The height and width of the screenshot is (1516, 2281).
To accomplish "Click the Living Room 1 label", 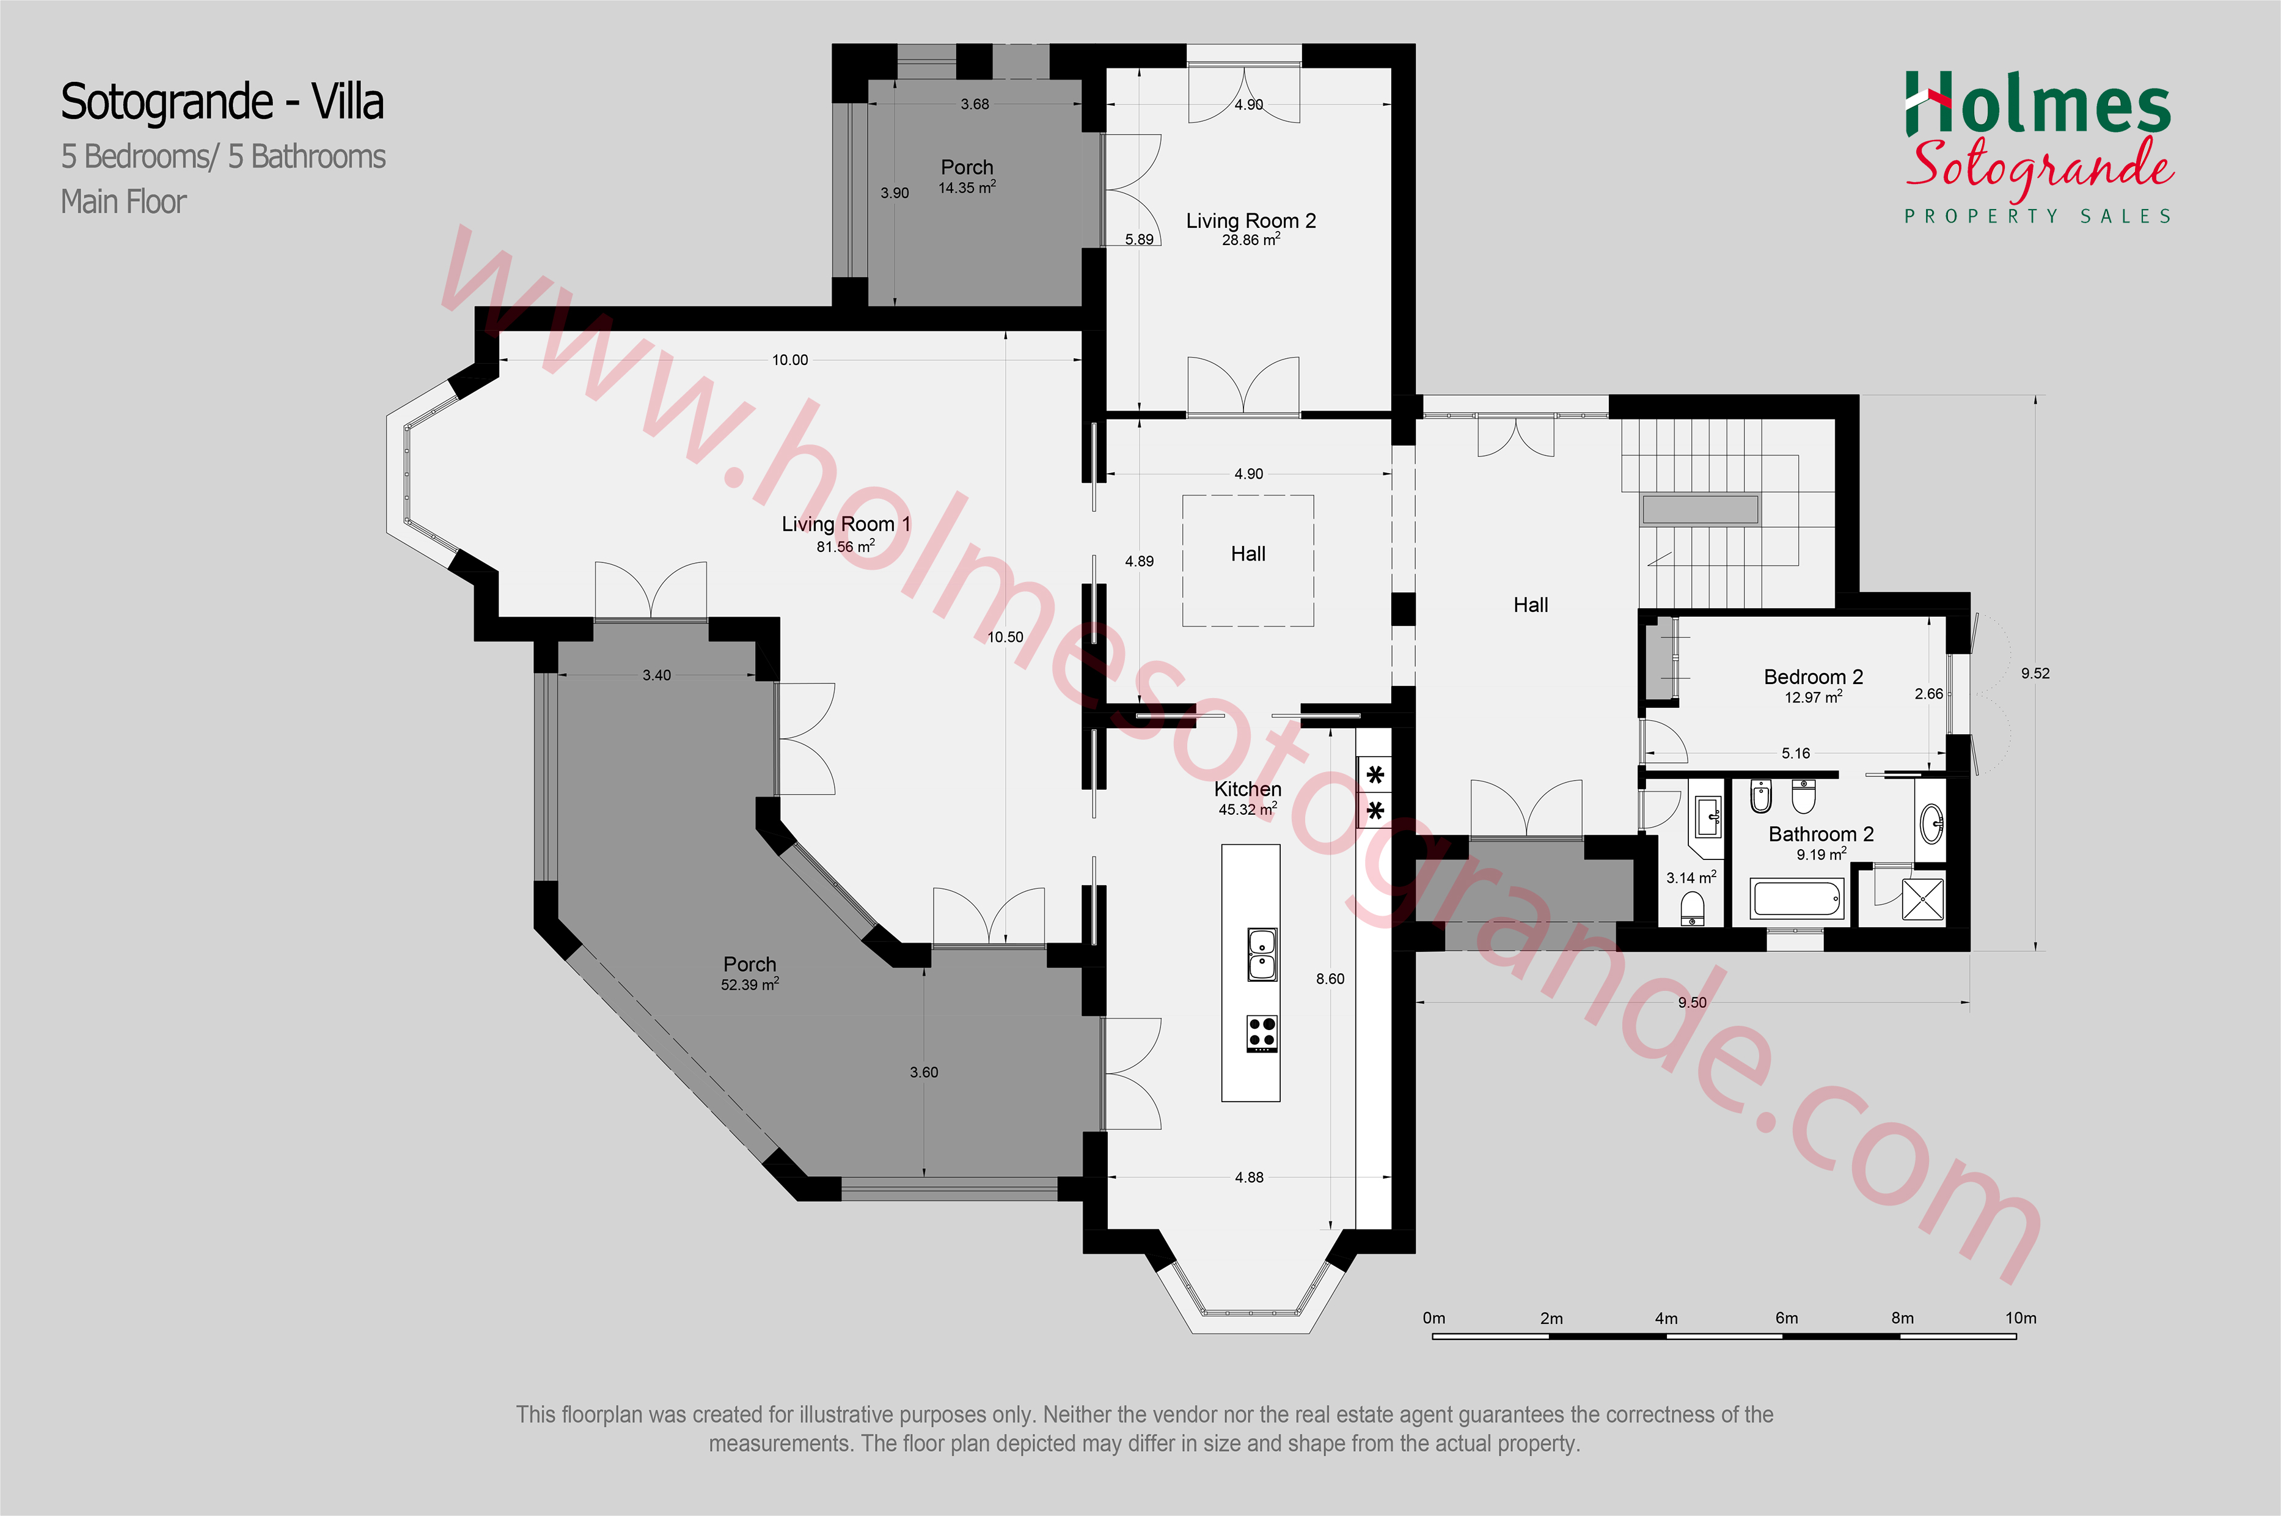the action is click(x=846, y=524).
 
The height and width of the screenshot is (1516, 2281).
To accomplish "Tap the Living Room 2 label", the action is click(x=1251, y=221).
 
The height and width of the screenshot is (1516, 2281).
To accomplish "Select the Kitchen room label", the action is click(x=1248, y=789).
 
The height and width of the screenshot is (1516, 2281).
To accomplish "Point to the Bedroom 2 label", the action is click(x=1813, y=677).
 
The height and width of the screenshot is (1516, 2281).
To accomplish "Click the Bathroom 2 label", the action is click(x=1821, y=833).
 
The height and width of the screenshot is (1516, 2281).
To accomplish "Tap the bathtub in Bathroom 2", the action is click(x=1798, y=899).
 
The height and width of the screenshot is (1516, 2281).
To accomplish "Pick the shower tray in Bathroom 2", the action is click(x=1922, y=899).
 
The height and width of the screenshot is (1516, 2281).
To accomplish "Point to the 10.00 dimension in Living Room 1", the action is click(x=789, y=359).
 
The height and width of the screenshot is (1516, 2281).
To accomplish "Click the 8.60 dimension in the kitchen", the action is click(x=1330, y=979).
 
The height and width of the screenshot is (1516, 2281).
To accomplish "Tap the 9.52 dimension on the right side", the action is click(x=2035, y=673).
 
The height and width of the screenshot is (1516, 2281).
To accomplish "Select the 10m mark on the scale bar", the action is click(x=2020, y=1318).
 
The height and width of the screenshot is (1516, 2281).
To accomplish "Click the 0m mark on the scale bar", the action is click(x=1434, y=1318).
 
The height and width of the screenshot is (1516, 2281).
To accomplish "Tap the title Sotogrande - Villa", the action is click(x=222, y=103).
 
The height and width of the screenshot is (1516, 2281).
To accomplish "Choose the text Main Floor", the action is click(x=123, y=202).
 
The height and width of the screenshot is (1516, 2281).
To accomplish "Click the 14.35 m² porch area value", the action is click(x=967, y=188).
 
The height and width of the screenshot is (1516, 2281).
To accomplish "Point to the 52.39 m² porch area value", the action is click(x=750, y=984).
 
